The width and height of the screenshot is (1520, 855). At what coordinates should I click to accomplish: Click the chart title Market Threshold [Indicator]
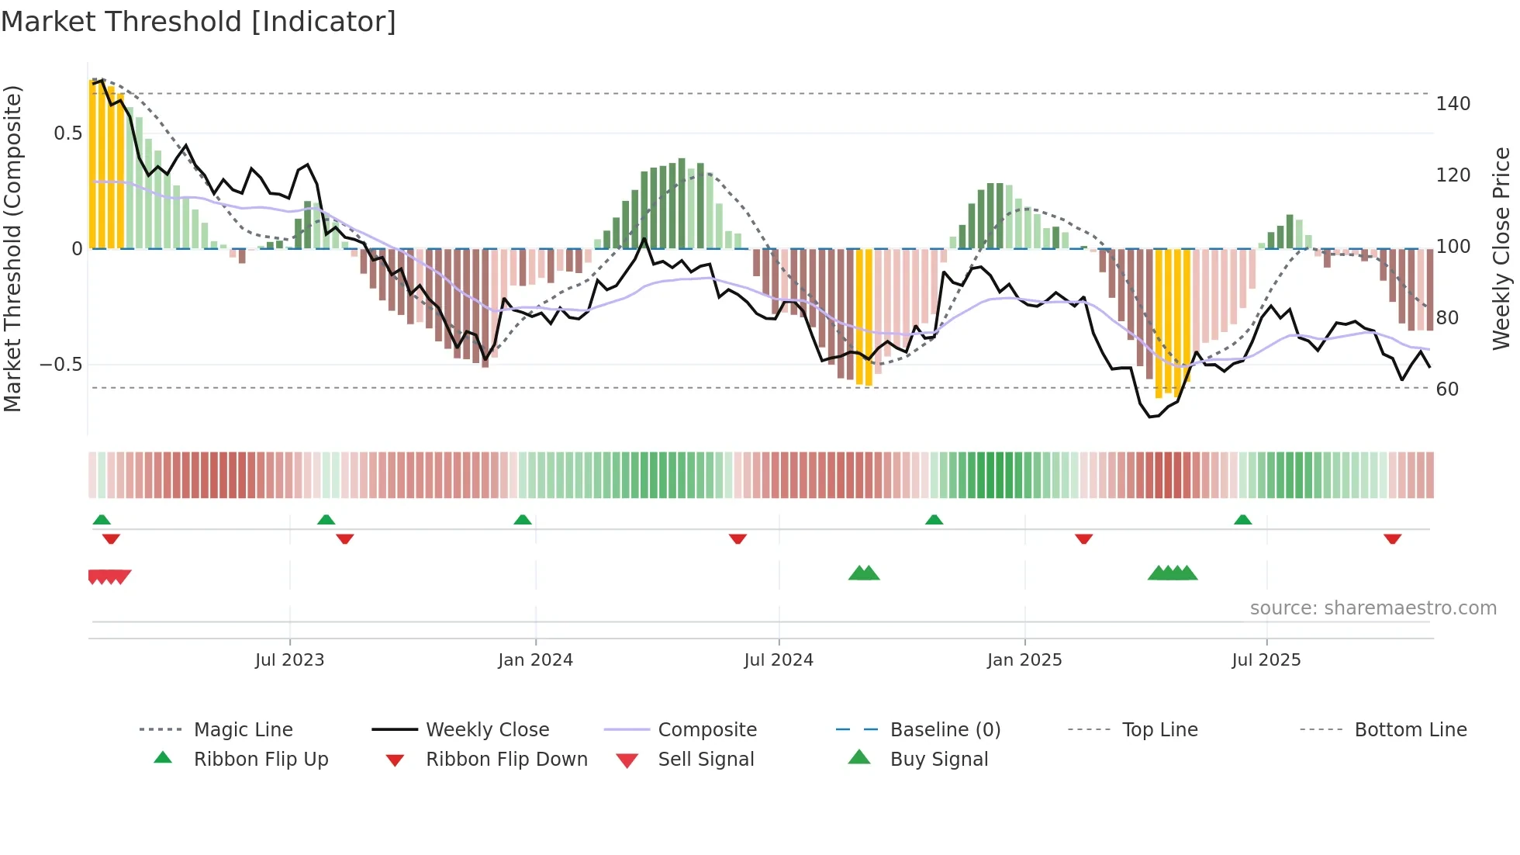pyautogui.click(x=199, y=22)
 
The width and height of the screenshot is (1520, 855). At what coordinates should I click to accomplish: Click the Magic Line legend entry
pyautogui.click(x=243, y=730)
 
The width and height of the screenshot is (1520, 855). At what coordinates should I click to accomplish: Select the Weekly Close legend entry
pyautogui.click(x=487, y=730)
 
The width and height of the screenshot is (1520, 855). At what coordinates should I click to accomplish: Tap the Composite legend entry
pyautogui.click(x=706, y=730)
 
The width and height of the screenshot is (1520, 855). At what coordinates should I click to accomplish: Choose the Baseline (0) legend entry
pyautogui.click(x=945, y=730)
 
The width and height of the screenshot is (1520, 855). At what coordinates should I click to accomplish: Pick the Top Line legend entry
pyautogui.click(x=1159, y=730)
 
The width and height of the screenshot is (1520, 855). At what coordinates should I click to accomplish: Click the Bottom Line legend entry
pyautogui.click(x=1410, y=730)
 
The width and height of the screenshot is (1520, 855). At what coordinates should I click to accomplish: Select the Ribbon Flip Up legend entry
pyautogui.click(x=261, y=760)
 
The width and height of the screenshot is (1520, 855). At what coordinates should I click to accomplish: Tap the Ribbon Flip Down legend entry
pyautogui.click(x=506, y=760)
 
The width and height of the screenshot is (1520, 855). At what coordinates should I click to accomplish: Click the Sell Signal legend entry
pyautogui.click(x=705, y=760)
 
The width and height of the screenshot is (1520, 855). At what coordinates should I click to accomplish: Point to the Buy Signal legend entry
pyautogui.click(x=938, y=760)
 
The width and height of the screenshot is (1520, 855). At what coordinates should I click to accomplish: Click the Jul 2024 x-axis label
pyautogui.click(x=779, y=660)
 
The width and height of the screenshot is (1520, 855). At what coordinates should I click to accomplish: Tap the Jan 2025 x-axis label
pyautogui.click(x=1024, y=660)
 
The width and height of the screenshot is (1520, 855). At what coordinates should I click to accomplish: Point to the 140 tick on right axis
pyautogui.click(x=1453, y=104)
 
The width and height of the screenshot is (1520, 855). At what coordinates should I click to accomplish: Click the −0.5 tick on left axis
pyautogui.click(x=61, y=365)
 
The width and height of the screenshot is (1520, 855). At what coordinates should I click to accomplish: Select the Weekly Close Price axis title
pyautogui.click(x=1501, y=248)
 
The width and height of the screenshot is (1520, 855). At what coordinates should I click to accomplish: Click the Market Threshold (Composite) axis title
pyautogui.click(x=12, y=248)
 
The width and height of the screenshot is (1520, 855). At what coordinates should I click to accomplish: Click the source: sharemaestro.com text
pyautogui.click(x=1373, y=608)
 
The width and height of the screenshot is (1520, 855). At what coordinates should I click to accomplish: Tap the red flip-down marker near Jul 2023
pyautogui.click(x=345, y=539)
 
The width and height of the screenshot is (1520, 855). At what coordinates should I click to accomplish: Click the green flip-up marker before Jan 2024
pyautogui.click(x=523, y=520)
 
